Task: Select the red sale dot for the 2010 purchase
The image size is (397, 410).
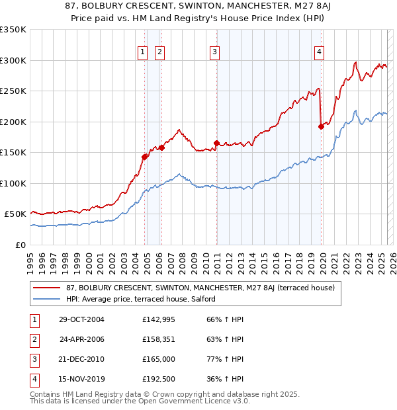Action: [216, 143]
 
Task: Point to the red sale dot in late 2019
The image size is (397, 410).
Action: [321, 126]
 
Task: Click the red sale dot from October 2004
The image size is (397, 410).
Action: [144, 157]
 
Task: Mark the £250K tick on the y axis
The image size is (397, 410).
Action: [13, 91]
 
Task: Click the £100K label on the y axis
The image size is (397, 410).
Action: [13, 183]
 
